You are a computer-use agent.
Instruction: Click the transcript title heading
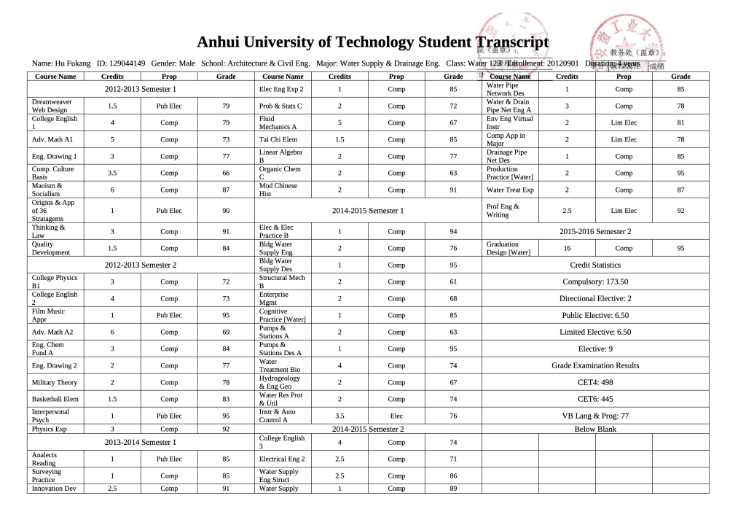pos(372,43)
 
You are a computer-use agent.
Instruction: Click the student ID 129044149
pos(121,64)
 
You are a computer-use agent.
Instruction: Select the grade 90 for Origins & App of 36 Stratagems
pos(226,211)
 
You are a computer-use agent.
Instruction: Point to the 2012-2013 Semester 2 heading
pos(141,265)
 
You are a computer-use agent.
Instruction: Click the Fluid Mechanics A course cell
pos(278,123)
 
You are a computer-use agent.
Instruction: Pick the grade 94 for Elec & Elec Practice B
pos(453,232)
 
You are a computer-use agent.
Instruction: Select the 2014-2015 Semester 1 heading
pos(367,211)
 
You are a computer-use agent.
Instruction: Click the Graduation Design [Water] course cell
pos(509,249)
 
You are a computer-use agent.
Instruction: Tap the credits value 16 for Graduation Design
pos(567,249)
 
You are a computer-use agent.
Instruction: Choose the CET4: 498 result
pos(595,382)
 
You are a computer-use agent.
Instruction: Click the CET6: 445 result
pos(595,399)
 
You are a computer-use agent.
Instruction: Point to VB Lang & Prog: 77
pos(595,416)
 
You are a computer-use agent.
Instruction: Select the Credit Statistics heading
pos(595,265)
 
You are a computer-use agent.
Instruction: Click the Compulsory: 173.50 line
pos(595,282)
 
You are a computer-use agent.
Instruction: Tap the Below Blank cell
pos(595,429)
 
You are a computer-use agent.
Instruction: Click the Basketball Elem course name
pos(54,399)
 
